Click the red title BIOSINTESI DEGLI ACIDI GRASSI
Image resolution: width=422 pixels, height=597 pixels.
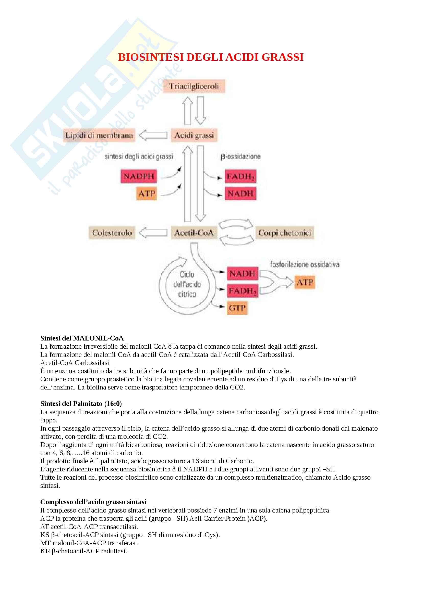[x=211, y=57]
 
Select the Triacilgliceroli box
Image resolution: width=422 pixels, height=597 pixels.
[x=194, y=86]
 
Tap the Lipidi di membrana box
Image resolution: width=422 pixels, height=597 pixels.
[x=99, y=135]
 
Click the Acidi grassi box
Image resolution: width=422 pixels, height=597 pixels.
[x=194, y=135]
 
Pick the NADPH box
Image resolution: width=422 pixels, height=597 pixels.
[x=139, y=176]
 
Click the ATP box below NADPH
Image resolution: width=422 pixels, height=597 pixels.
[x=147, y=194]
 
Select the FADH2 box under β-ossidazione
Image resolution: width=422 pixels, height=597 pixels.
[x=240, y=176]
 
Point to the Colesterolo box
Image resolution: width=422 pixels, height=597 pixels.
[x=112, y=233]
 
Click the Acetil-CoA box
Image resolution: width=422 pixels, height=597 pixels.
[x=194, y=233]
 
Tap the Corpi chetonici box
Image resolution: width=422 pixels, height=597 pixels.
[x=285, y=233]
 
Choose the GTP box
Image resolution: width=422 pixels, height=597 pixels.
[x=237, y=308]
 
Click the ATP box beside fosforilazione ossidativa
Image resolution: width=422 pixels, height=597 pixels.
[x=305, y=282]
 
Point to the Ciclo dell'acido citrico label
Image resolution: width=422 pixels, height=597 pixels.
[x=187, y=284]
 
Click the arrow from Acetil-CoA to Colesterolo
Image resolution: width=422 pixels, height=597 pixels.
[x=153, y=233]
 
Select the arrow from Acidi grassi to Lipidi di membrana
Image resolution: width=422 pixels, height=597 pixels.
[x=153, y=135]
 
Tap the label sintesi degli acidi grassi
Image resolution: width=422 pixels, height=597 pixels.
[x=139, y=156]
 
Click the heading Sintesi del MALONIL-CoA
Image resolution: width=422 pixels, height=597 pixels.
[x=82, y=338]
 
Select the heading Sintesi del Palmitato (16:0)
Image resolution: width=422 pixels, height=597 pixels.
[x=81, y=404]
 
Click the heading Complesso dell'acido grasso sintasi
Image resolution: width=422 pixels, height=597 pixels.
[x=93, y=502]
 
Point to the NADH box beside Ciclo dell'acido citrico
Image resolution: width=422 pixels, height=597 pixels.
[x=242, y=274]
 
